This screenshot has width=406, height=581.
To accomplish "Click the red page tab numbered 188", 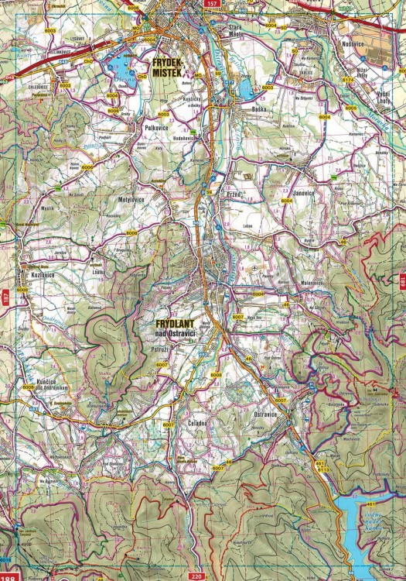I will coord(8,577).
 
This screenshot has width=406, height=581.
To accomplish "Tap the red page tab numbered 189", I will coord(402,281).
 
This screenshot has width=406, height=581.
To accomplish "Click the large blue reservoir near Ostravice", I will coord(369,535).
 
